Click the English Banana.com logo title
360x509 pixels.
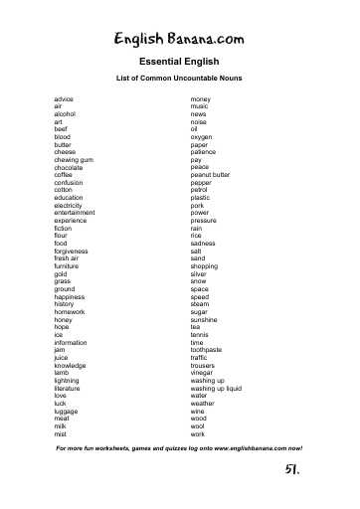tap(179, 39)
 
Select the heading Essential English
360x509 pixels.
tap(179, 62)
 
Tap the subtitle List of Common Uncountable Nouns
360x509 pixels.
tap(179, 78)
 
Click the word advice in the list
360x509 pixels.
tap(64, 100)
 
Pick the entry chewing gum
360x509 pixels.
tap(74, 159)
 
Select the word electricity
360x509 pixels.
tap(69, 205)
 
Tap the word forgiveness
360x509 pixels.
tap(71, 251)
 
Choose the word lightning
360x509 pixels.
tap(67, 381)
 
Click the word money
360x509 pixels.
tap(201, 100)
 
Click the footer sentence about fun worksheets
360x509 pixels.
tap(179, 448)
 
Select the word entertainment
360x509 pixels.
tap(75, 213)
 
